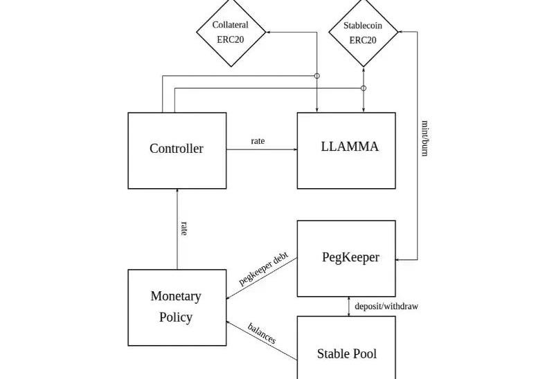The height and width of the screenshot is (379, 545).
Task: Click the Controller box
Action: point(177,150)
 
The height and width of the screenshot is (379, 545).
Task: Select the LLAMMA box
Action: point(346,150)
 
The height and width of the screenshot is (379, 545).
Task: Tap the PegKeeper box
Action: point(346,258)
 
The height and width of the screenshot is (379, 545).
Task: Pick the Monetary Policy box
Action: point(177,307)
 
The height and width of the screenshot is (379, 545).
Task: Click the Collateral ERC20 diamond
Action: point(231,32)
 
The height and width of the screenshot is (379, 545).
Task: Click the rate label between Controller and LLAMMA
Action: point(258,141)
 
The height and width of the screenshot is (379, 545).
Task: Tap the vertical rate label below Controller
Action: point(184,228)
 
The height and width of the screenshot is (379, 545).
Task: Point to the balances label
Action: point(262,333)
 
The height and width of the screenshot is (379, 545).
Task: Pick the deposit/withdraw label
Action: point(386,306)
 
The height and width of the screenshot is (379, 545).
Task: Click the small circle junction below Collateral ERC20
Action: point(317,75)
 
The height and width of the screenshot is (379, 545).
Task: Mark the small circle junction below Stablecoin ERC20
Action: point(364,88)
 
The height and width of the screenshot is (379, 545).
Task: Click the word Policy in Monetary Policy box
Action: point(176,318)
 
